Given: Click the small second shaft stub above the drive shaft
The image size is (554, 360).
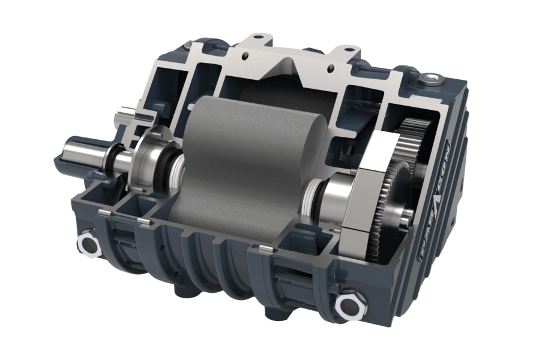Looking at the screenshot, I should [125, 113].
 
